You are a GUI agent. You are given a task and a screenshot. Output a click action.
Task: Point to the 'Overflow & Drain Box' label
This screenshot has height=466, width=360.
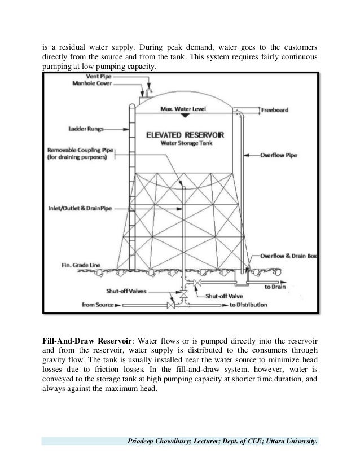click(x=289, y=256)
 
